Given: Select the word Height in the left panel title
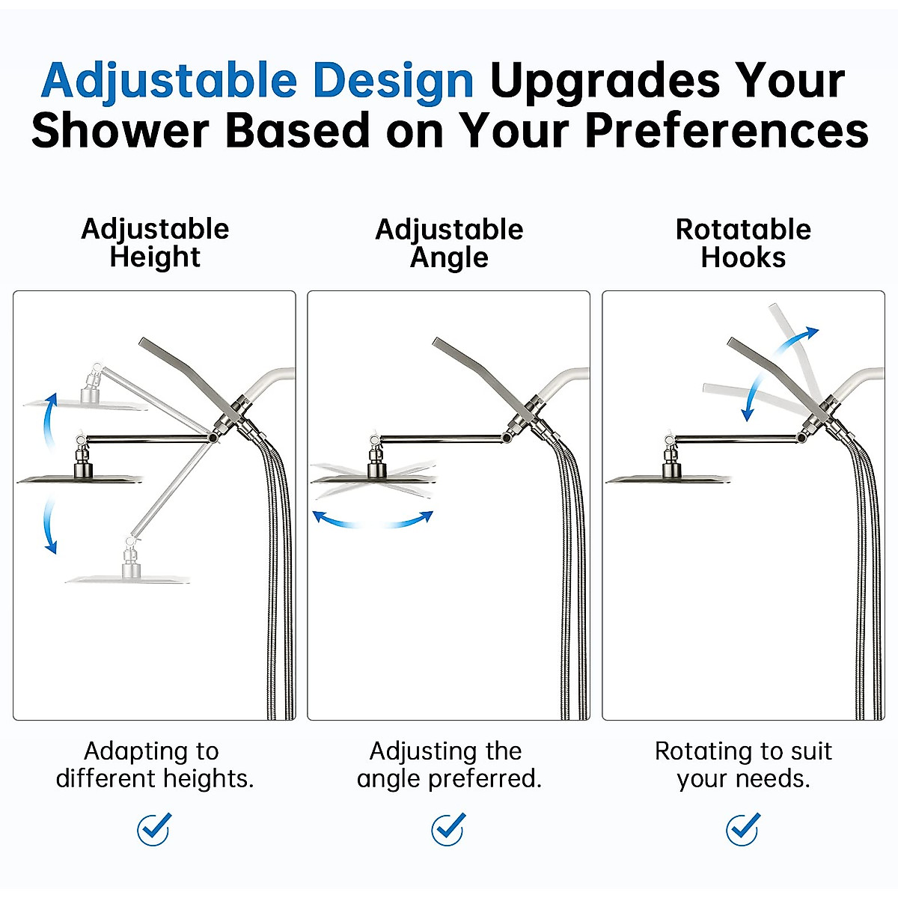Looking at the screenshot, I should [155, 257].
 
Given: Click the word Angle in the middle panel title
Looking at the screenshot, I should [449, 257].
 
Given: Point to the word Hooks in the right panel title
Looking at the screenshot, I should [743, 257].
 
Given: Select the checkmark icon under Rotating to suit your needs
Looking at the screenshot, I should [743, 829].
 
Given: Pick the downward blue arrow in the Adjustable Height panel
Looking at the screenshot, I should [49, 528].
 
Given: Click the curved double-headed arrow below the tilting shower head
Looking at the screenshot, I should [373, 519].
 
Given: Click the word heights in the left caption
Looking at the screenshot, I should [208, 779].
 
